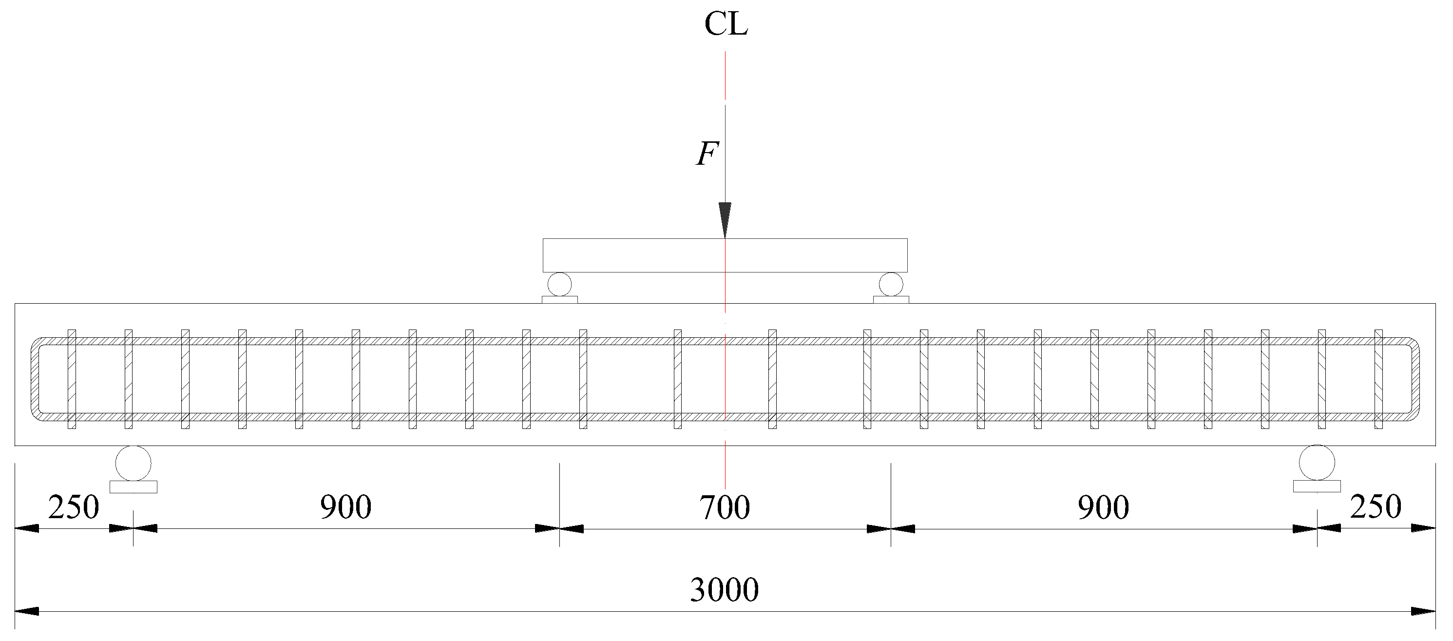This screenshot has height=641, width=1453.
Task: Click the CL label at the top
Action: (726, 24)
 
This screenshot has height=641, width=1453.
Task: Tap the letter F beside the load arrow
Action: (707, 154)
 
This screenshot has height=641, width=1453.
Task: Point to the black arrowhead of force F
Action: (725, 219)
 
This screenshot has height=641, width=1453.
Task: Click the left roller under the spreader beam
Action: (559, 284)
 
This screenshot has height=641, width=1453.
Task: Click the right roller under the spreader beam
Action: (891, 284)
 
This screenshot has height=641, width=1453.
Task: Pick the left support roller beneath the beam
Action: (133, 463)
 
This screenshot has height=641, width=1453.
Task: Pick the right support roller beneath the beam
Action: (1317, 463)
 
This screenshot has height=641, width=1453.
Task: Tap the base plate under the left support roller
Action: (133, 487)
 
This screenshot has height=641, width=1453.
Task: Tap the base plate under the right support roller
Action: (1317, 486)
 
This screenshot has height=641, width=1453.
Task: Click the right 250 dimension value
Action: (1375, 506)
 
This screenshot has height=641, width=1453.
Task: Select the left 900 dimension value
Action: (346, 506)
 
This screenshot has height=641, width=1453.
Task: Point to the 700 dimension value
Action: (725, 507)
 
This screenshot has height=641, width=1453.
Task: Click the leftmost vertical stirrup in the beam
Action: (72, 379)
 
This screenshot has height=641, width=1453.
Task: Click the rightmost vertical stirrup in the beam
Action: (1378, 379)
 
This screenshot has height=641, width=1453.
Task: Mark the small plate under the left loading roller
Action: (559, 300)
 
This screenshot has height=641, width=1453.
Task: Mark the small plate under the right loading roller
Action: (891, 300)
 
